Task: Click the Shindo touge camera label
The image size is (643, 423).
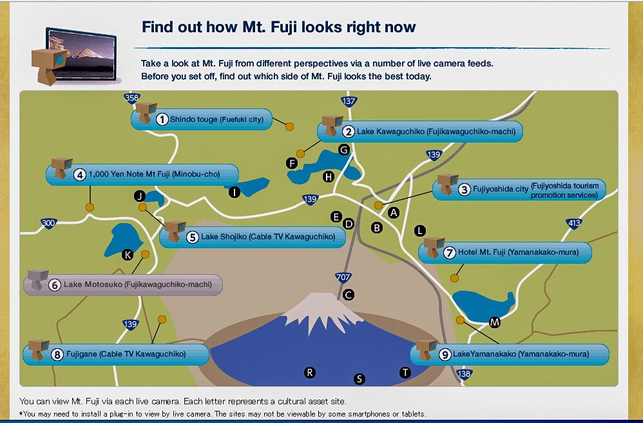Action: (202, 119)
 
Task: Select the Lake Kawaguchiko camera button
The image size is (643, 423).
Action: (420, 132)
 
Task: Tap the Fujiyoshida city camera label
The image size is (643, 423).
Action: (519, 190)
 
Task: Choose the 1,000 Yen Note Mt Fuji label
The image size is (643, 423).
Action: (142, 174)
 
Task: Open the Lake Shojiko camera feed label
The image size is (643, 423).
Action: (252, 237)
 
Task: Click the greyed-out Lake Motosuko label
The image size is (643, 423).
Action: (123, 284)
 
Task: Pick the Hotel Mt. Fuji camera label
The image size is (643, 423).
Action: (505, 252)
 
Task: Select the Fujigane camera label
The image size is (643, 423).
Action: (116, 354)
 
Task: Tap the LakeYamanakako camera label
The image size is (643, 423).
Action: (510, 354)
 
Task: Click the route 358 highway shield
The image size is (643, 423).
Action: (131, 98)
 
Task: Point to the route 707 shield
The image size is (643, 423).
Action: (343, 277)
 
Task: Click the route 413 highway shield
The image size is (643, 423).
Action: (574, 224)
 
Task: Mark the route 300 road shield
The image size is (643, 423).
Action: (48, 223)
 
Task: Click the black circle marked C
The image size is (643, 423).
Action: (348, 295)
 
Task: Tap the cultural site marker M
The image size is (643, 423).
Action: (495, 322)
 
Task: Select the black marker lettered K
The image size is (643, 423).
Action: (128, 255)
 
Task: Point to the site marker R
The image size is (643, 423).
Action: (310, 373)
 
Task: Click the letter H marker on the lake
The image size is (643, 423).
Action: (329, 177)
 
